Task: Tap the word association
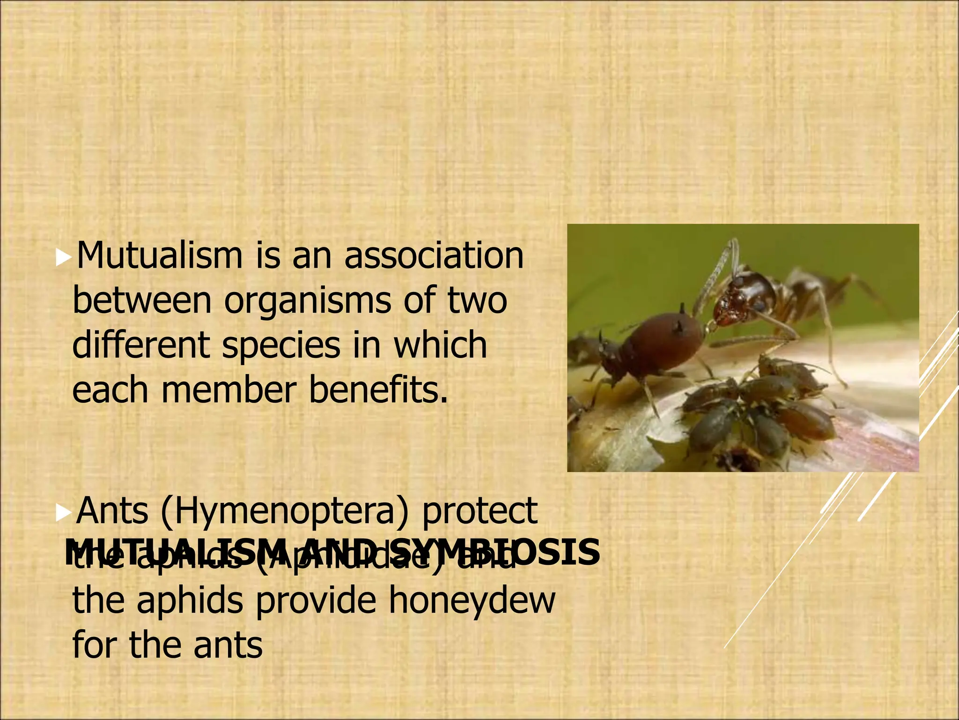coord(434,256)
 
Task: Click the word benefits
coord(378,390)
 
